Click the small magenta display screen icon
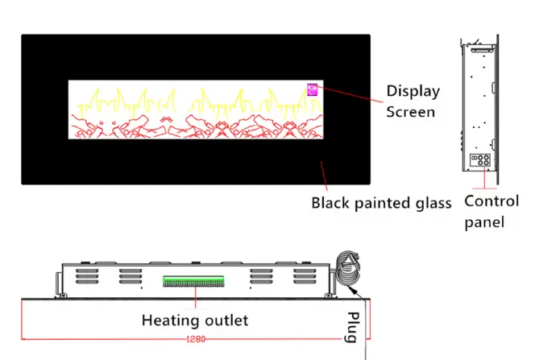pos(313,89)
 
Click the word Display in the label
pos(413,91)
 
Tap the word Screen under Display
pos(410,111)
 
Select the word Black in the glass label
pos(333,203)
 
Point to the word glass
pos(433,203)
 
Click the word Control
pos(492,201)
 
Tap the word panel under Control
pos(483,221)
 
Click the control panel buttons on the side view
pos(479,159)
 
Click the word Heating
pos(169,320)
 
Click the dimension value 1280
pos(196,339)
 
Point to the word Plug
pos(352,326)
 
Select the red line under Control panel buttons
pos(483,180)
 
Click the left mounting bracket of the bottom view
pos(58,282)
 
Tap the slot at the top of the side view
pos(483,49)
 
